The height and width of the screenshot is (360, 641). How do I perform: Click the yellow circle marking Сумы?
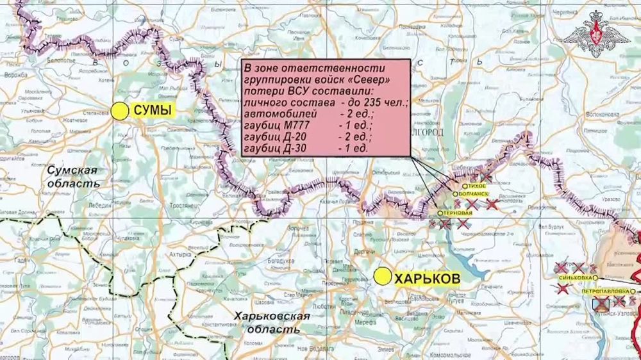coord(119,111)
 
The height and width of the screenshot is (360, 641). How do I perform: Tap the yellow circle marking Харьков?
coord(383,277)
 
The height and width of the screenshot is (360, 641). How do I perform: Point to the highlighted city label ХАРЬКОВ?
coord(426,279)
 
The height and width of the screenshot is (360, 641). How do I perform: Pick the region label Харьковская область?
coord(272,322)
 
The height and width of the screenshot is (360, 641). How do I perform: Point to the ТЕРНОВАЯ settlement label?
coord(459,213)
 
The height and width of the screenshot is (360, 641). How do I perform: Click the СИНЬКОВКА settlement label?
coord(574,277)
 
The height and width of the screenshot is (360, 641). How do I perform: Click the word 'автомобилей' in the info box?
coord(275,114)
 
